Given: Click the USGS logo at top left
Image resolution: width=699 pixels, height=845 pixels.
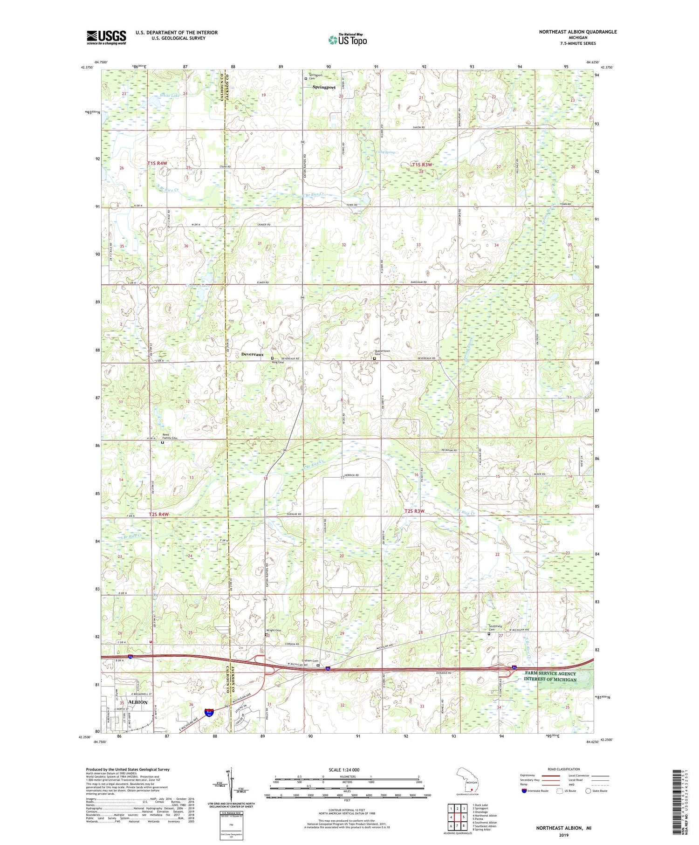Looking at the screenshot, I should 106,37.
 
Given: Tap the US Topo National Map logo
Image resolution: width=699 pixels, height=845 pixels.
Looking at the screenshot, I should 347,40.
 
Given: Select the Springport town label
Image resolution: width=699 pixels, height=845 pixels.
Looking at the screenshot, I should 324,87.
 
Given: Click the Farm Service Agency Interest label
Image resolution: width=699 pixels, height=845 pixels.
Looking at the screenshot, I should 550,676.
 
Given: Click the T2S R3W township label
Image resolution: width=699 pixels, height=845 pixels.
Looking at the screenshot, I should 414,511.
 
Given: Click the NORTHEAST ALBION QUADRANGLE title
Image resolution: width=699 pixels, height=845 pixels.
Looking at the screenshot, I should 577,32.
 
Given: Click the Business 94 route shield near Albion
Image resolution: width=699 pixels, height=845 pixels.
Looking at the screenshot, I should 209,713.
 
